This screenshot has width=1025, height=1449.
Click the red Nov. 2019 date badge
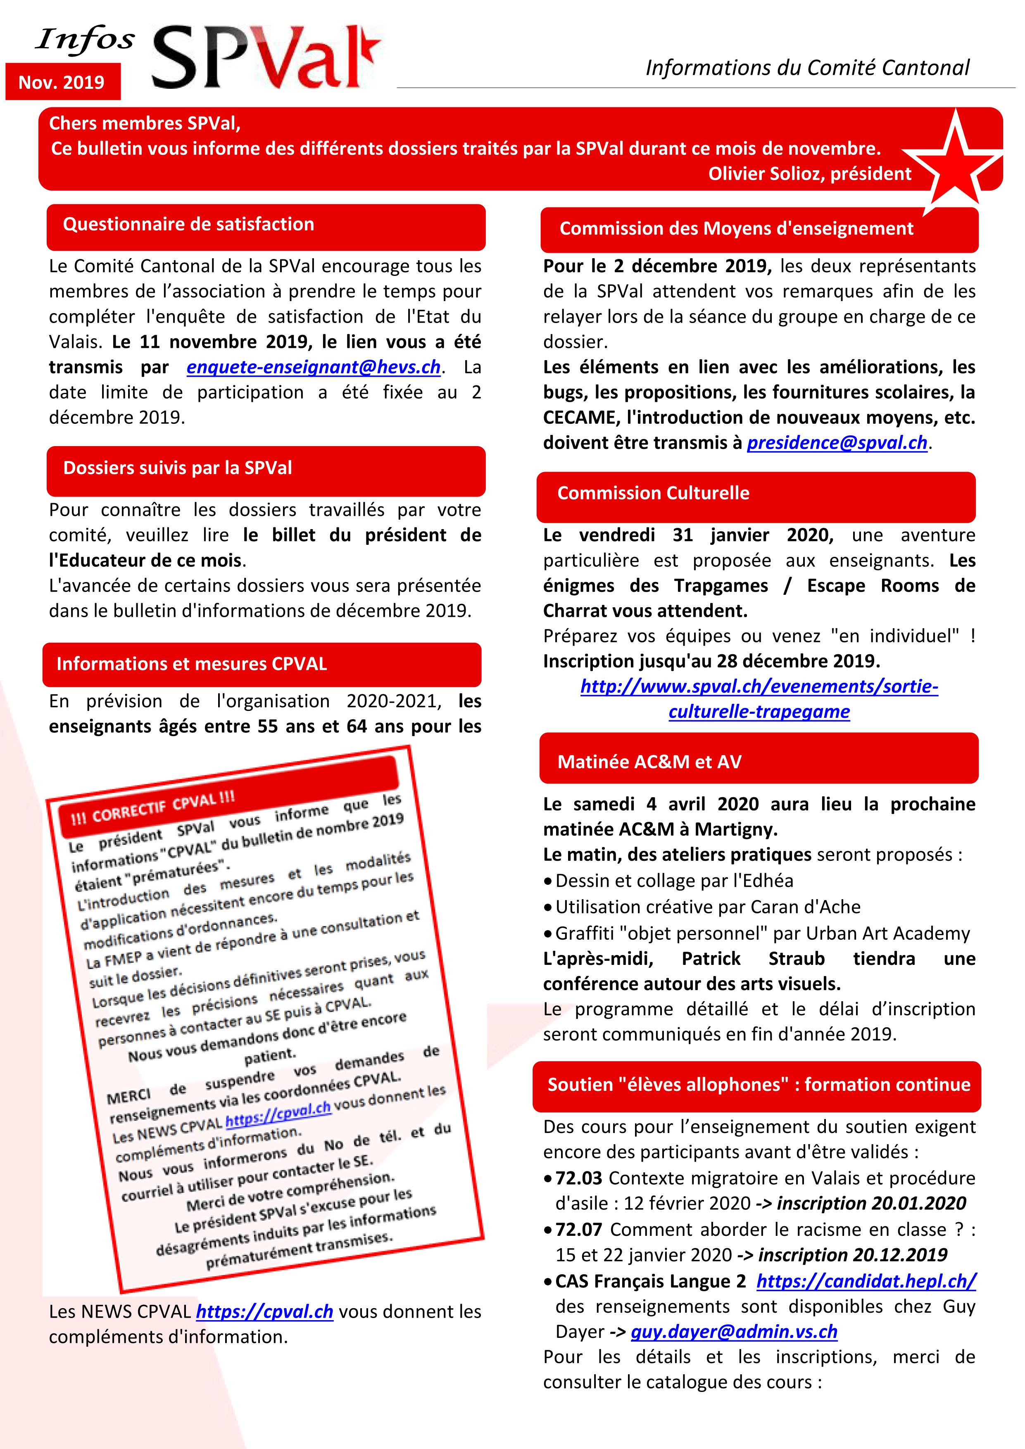(x=62, y=82)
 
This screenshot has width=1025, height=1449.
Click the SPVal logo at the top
(x=265, y=58)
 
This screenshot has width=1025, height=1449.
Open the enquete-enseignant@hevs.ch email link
(x=313, y=367)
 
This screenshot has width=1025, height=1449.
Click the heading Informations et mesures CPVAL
(x=191, y=664)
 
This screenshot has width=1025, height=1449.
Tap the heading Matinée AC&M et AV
(x=649, y=762)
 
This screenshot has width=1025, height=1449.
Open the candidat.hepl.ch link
(x=866, y=1281)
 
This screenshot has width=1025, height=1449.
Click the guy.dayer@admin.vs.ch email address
(x=734, y=1332)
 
